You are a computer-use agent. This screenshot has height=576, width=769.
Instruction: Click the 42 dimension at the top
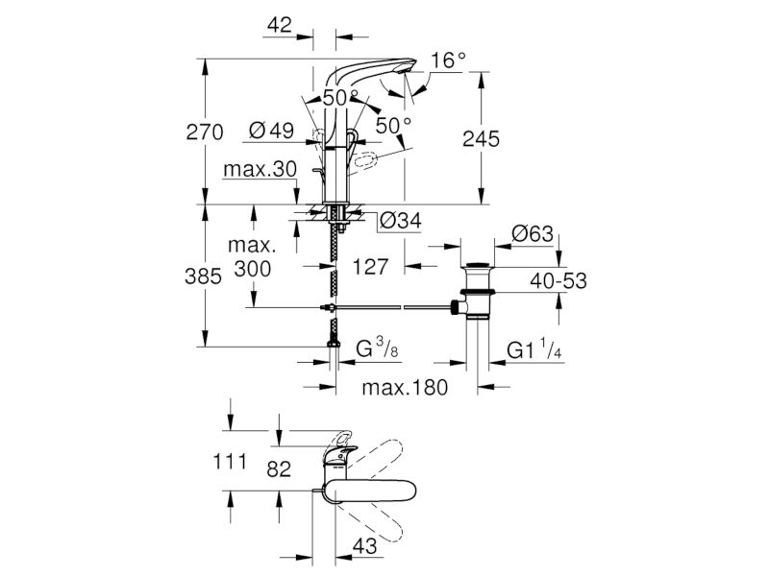tap(280, 25)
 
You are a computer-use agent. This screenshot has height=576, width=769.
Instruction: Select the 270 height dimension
tap(205, 132)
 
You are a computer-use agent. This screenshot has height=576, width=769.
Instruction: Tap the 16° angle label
tap(448, 60)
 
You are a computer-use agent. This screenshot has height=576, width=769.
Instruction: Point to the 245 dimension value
tap(482, 139)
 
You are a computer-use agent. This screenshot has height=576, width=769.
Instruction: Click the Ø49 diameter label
tap(271, 131)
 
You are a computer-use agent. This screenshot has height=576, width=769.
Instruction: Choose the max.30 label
tap(260, 169)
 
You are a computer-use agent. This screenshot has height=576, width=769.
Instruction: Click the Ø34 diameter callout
tap(401, 221)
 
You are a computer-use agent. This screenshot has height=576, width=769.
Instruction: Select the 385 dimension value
tap(203, 276)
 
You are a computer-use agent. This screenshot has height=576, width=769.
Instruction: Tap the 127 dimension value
tap(371, 267)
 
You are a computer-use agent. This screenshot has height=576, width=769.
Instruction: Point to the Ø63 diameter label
tap(533, 233)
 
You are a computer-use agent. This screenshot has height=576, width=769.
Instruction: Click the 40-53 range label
tap(558, 280)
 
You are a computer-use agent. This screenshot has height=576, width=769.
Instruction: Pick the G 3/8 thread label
tap(377, 349)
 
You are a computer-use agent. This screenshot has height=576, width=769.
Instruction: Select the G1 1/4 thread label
tap(534, 349)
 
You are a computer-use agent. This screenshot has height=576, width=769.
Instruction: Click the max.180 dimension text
tap(405, 388)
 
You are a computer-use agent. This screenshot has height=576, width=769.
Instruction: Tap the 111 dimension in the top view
tap(230, 462)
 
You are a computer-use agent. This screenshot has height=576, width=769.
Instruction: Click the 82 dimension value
tap(279, 468)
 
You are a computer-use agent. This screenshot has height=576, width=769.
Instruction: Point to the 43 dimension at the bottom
tap(364, 546)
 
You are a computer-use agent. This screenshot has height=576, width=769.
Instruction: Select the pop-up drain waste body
tap(477, 292)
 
